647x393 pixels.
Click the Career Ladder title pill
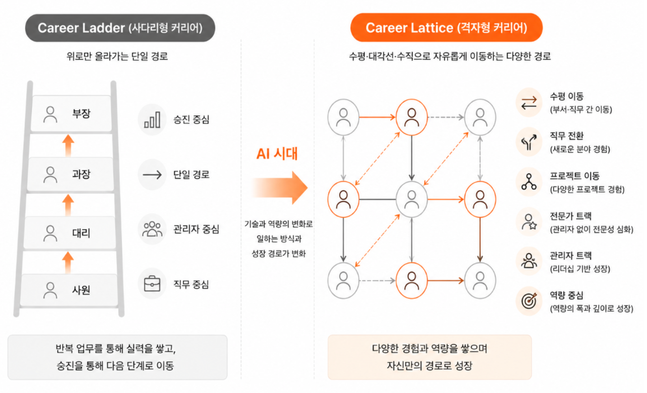[x=120, y=28]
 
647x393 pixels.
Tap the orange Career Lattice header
[x=446, y=28]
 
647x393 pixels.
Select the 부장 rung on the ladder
[x=71, y=113]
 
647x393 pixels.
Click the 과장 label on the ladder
[x=81, y=174]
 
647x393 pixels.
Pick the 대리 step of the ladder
[x=70, y=232]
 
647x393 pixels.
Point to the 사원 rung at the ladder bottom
[x=69, y=289]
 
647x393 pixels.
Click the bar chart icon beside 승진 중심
[x=152, y=120]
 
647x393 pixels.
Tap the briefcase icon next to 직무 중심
[x=152, y=284]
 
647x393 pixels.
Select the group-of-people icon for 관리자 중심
[x=152, y=229]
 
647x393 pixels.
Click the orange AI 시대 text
[x=277, y=154]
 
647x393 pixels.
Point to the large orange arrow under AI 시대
[x=279, y=188]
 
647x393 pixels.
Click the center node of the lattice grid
[x=412, y=199]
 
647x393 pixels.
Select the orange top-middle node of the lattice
[x=412, y=117]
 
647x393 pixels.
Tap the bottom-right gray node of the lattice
[x=480, y=281]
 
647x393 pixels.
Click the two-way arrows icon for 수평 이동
[x=529, y=102]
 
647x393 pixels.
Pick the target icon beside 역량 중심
[x=529, y=301]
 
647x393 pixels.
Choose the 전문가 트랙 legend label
[x=571, y=216]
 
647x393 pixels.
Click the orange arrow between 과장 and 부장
[x=68, y=146]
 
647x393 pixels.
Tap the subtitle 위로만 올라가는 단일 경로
[x=117, y=56]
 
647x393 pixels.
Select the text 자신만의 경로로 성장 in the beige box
[x=429, y=365]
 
